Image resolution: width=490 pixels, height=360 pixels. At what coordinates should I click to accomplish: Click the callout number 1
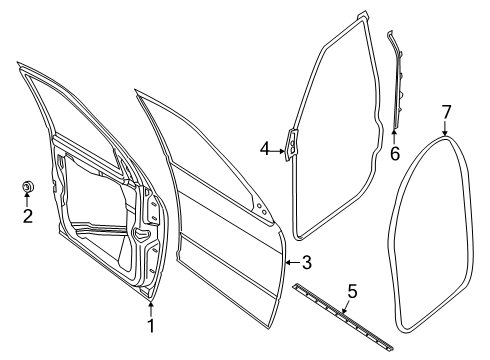coord(151,325)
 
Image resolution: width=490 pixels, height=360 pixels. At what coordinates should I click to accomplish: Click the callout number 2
coord(28,214)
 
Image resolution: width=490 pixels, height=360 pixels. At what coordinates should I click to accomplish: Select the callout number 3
coord(308,262)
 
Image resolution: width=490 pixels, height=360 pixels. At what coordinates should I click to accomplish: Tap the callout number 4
coord(265,149)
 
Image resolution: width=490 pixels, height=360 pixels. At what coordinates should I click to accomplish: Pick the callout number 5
coord(351,293)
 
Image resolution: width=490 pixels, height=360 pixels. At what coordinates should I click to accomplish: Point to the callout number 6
coord(395,153)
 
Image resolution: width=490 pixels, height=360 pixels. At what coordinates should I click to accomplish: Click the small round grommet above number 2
coord(28,186)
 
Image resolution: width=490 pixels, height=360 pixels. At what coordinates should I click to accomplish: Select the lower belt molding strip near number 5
coord(340,313)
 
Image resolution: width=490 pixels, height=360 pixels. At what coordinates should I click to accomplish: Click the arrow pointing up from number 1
coord(151,307)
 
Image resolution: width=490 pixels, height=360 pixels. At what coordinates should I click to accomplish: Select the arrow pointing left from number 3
coord(291,262)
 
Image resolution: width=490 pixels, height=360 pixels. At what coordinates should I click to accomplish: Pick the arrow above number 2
coord(28,200)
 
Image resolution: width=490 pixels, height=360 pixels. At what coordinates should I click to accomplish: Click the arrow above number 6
coord(395,135)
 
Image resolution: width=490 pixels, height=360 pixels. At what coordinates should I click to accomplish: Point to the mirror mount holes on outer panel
coord(262,210)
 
